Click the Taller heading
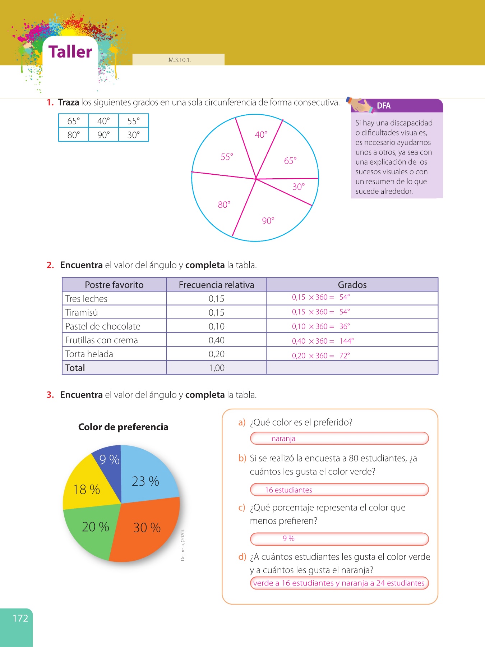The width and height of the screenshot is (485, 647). click(x=70, y=52)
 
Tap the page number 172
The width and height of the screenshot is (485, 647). click(x=20, y=618)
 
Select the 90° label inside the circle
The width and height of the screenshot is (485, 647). click(x=268, y=221)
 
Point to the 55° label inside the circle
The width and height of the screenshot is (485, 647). click(x=227, y=157)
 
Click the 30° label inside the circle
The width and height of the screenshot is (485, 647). click(x=299, y=187)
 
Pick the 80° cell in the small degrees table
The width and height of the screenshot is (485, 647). click(x=74, y=135)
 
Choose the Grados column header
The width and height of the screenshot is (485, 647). click(x=352, y=285)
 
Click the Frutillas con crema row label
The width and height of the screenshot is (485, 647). click(x=102, y=340)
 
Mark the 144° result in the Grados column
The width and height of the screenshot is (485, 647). click(x=347, y=341)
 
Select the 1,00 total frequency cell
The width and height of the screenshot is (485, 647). click(x=217, y=368)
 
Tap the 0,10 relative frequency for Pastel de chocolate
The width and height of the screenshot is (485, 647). click(x=217, y=326)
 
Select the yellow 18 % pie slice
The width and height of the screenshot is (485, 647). click(x=87, y=489)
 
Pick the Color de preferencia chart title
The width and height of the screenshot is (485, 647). click(x=123, y=427)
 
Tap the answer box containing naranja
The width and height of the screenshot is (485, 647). click(x=339, y=439)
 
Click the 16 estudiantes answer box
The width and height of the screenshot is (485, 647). click(x=339, y=490)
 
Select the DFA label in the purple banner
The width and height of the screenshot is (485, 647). click(x=384, y=106)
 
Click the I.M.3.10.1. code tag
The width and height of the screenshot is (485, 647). click(x=179, y=60)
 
